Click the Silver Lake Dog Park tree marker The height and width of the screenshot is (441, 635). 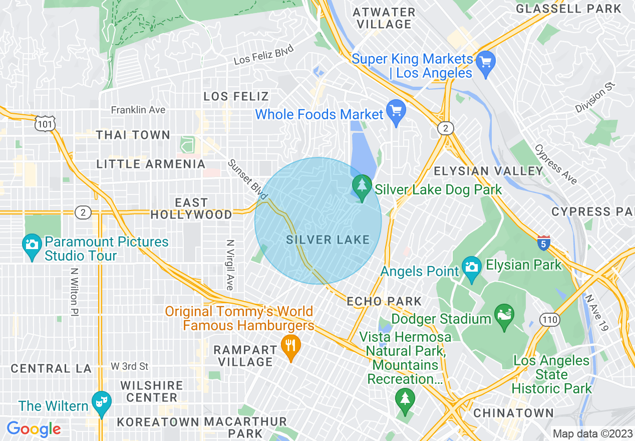(x=362, y=187)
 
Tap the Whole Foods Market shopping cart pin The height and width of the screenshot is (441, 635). (x=396, y=112)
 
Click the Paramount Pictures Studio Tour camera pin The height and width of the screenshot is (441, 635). (x=32, y=246)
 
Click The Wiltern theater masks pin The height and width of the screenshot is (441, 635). (x=102, y=403)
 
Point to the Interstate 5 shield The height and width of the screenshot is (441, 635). (x=544, y=243)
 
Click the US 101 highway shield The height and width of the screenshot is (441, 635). (x=45, y=123)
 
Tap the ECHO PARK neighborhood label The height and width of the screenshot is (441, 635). (x=384, y=302)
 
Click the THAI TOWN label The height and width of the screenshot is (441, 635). (x=133, y=135)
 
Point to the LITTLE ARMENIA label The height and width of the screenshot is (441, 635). (x=151, y=164)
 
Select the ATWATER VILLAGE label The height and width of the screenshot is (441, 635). (x=384, y=18)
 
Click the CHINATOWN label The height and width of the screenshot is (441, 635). (x=513, y=413)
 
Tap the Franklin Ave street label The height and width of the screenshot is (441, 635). (x=138, y=110)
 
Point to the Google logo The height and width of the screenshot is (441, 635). (x=34, y=429)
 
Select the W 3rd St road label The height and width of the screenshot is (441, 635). (x=130, y=366)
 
